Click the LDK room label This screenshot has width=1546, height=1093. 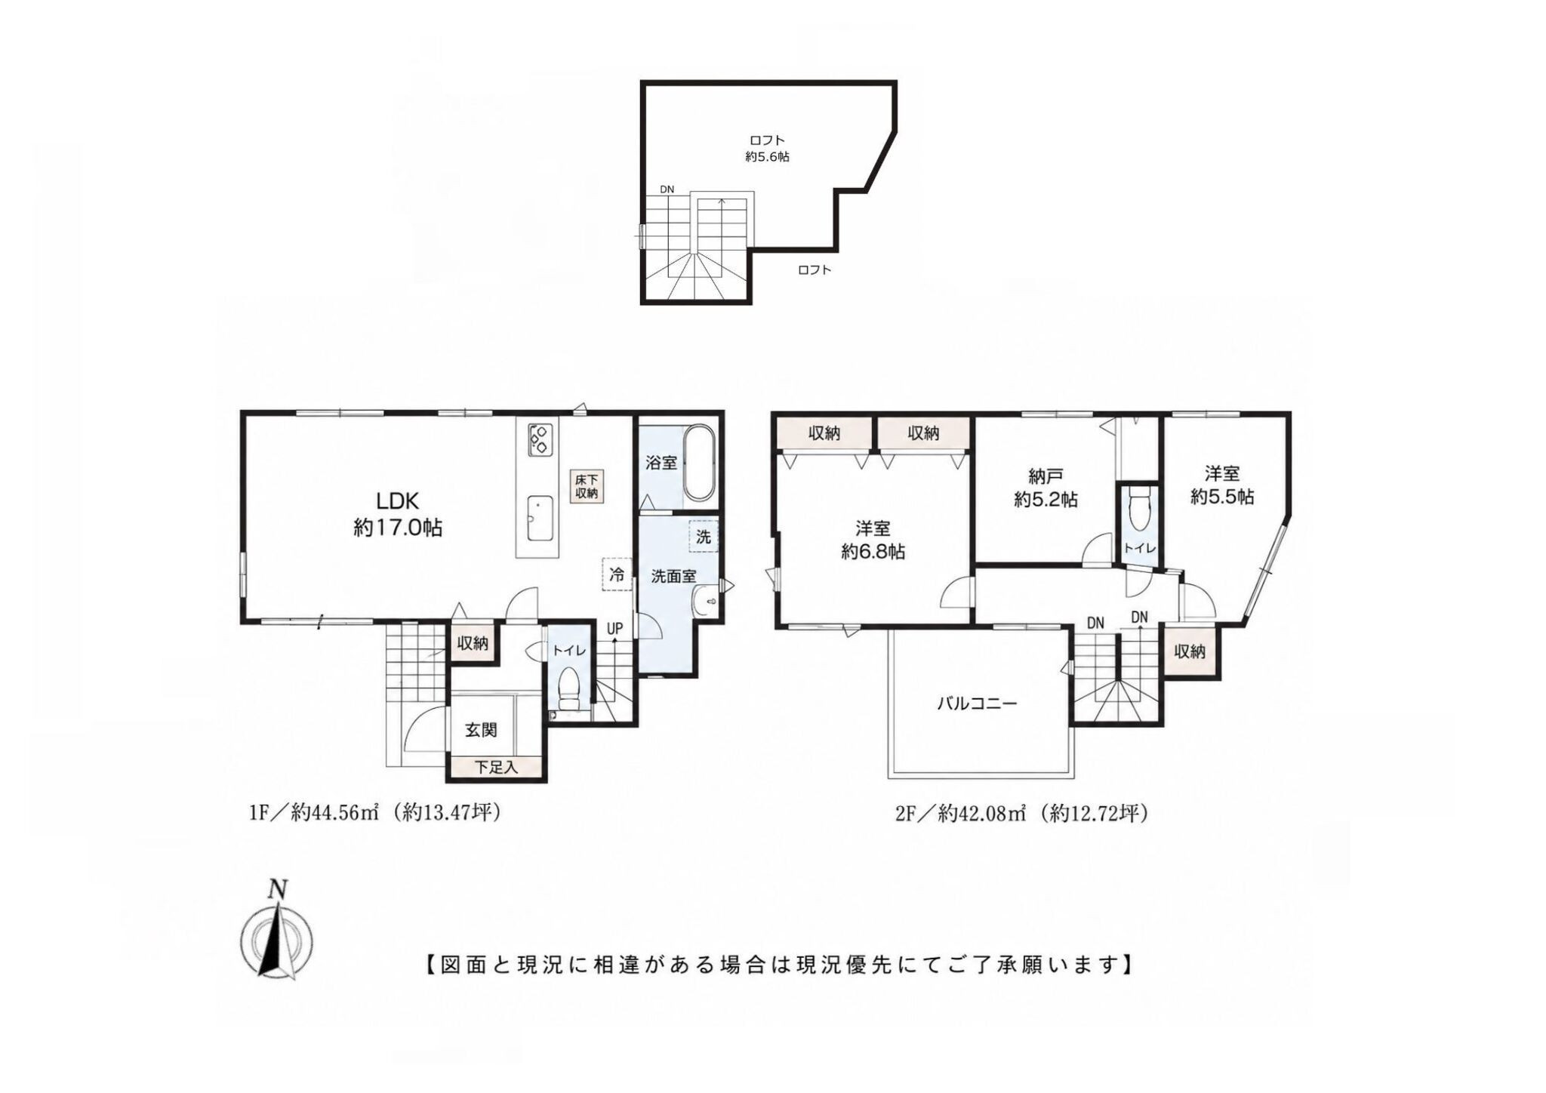pos(398,513)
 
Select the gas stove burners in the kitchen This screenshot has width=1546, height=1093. pos(540,439)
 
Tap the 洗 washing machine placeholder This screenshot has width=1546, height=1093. pos(704,537)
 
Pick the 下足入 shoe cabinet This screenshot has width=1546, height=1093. pos(496,768)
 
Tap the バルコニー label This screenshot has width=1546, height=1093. pos(978,704)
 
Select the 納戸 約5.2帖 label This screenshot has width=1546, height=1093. pos(1046,487)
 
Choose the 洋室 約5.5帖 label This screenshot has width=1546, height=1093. pos(1222,485)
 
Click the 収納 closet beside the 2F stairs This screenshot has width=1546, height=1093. pos(1190,651)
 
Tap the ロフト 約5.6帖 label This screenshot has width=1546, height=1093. pos(767,148)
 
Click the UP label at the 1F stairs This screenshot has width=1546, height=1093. pos(615,628)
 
